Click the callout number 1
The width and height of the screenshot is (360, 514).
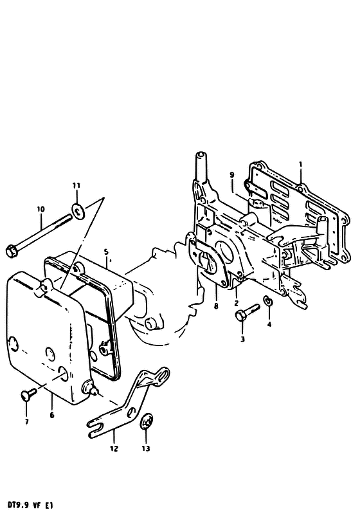(301, 165)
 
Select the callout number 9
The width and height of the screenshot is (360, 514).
(232, 175)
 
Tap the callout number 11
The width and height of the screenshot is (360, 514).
(76, 186)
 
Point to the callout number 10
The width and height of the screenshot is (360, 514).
(40, 209)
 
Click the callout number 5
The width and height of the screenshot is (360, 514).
(106, 252)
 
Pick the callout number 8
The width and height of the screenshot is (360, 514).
(215, 306)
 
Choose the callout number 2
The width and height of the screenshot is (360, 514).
(237, 303)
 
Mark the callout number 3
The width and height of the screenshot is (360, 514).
(243, 339)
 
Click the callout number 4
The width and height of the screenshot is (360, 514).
(269, 324)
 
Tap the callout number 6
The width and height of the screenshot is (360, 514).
(52, 416)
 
